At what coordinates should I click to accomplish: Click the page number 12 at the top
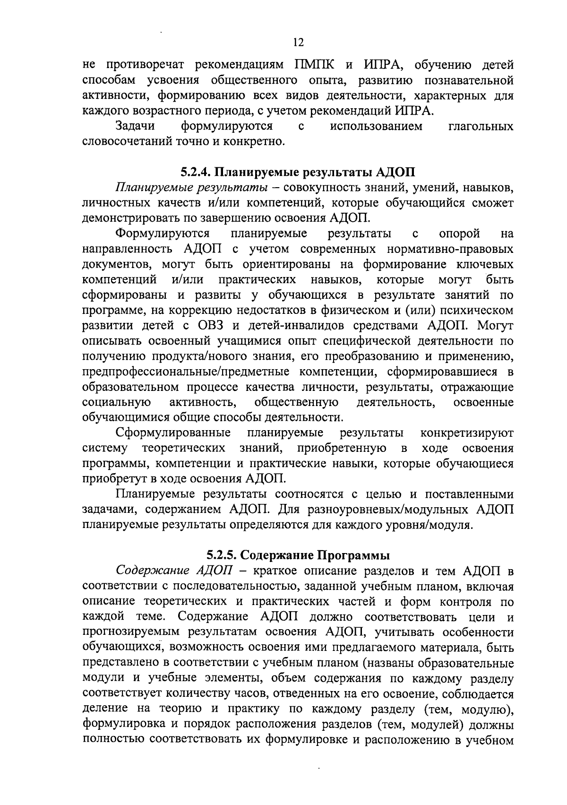[x=298, y=43]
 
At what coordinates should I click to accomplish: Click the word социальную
[x=116, y=402]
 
